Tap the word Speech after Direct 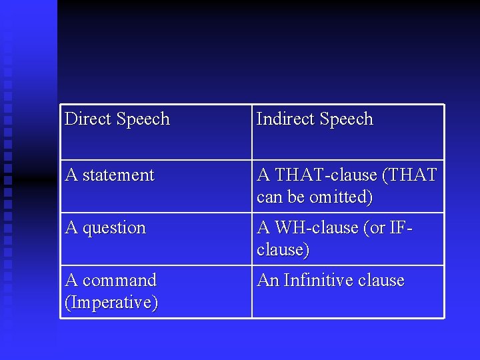(x=143, y=119)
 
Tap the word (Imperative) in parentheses (x=111, y=303)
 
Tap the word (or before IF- (x=377, y=228)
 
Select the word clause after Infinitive (x=381, y=280)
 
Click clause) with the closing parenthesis (x=283, y=250)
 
